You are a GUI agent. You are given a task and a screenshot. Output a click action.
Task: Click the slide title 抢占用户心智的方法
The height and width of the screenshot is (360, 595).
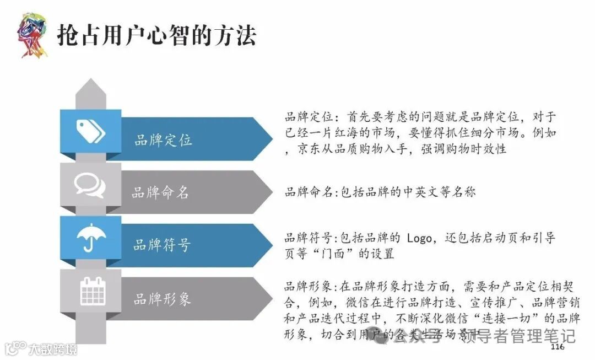tap(156, 36)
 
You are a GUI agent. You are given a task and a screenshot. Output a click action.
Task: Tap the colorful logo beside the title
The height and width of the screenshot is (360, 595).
tap(31, 35)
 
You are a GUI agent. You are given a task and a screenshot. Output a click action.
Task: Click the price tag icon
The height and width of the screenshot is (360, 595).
tap(90, 132)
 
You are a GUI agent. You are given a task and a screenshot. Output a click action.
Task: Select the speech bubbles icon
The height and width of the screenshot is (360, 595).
tap(90, 185)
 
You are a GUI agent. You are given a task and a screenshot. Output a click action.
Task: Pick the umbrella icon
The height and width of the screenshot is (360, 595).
tap(90, 239)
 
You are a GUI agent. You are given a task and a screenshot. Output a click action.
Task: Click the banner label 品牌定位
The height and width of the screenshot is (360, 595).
tap(164, 140)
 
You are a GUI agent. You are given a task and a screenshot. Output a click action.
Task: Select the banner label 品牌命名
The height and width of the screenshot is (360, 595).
tap(160, 192)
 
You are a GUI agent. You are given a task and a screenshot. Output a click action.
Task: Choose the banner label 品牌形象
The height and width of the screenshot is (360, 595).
tap(162, 299)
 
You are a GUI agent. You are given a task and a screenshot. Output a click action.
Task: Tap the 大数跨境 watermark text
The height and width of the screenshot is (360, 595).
tap(53, 349)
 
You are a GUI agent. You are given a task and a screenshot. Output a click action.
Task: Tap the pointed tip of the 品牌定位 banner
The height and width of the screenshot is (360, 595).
tap(270, 139)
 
